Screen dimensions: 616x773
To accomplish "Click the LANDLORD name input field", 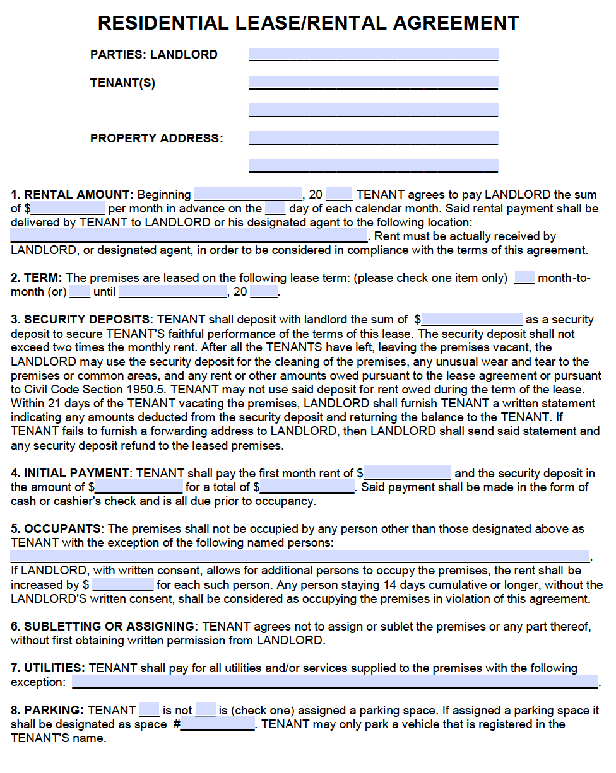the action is (373, 55).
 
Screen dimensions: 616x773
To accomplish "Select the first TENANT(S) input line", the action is (373, 83).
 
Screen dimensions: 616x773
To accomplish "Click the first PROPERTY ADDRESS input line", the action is (373, 138).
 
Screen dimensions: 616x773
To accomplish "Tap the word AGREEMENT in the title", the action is (455, 23).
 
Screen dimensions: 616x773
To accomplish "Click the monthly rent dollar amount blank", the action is (68, 209).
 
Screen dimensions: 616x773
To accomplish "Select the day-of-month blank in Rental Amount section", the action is (275, 209).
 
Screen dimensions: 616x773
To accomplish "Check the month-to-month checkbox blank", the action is (524, 278).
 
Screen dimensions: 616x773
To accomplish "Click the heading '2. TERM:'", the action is (36, 278).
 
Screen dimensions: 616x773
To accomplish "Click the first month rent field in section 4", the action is (407, 473).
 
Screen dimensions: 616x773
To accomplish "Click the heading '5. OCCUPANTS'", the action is (56, 528).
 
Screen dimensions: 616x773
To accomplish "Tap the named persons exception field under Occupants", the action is (299, 556).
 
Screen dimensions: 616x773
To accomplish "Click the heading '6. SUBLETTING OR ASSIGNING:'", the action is (104, 626).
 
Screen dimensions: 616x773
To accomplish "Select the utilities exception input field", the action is (335, 682).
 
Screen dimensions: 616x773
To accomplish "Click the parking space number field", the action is (218, 724).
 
